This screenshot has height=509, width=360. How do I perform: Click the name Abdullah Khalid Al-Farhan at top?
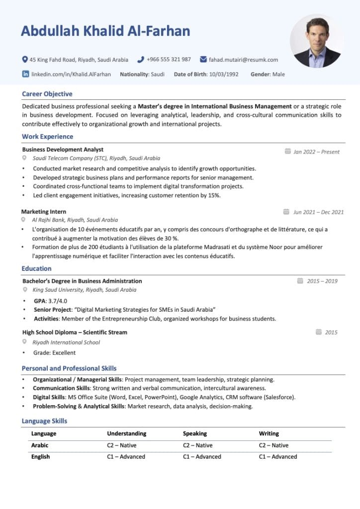(105, 31)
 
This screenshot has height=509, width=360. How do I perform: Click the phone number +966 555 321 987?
(169, 60)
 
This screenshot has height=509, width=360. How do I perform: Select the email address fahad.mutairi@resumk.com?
(243, 60)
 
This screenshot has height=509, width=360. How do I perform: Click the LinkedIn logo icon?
(25, 74)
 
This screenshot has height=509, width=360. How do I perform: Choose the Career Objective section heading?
(47, 94)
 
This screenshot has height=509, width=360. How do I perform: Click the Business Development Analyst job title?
(63, 149)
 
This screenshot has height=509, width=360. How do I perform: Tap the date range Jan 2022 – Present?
(316, 152)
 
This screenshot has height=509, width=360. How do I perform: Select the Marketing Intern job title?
(44, 212)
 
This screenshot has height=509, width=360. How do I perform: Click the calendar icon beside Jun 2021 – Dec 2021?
(286, 212)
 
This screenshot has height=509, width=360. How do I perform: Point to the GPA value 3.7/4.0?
(58, 301)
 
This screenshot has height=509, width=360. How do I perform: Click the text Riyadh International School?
(66, 342)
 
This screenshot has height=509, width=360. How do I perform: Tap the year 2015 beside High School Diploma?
(331, 332)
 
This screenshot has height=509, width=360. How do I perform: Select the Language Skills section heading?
(44, 421)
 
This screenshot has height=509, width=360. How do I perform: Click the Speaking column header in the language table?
(195, 433)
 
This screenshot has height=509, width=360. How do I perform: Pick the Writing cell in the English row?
(277, 456)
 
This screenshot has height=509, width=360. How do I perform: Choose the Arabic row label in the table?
(40, 445)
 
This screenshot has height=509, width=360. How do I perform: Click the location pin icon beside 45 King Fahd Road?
(25, 60)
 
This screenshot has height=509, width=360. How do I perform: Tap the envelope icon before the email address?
(203, 60)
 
